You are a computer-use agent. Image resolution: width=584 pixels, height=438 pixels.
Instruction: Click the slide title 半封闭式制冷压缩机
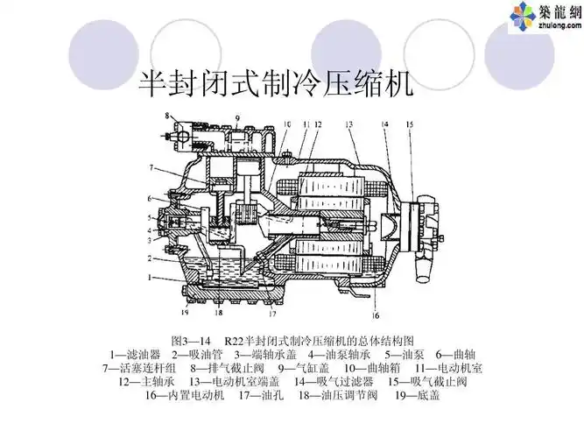(277, 84)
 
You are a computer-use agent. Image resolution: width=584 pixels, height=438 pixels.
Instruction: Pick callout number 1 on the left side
(151, 278)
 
